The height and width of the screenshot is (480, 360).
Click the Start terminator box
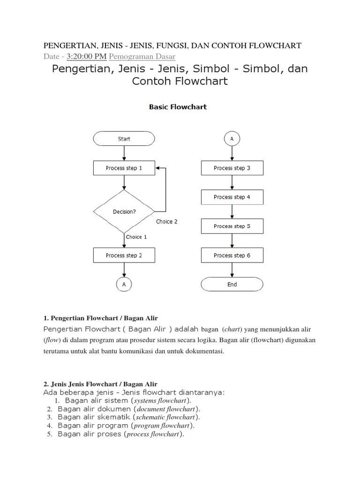point(124,139)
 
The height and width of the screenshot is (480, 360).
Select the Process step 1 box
point(124,168)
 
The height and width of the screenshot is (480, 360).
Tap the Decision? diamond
point(124,211)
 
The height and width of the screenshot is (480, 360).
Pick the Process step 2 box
point(124,255)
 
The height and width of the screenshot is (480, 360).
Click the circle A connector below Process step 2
point(124,285)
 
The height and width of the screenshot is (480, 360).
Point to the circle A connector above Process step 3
point(232,139)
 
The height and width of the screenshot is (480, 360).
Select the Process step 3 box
point(232,168)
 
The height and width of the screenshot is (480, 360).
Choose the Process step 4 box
point(232,197)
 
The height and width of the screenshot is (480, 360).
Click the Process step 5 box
point(232,226)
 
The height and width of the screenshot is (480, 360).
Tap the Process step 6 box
point(232,255)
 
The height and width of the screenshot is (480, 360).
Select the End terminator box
point(232,284)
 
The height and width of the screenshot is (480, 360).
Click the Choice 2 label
point(167,222)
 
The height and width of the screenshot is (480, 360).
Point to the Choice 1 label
point(136,237)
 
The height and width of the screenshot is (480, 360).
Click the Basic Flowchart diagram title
point(178,107)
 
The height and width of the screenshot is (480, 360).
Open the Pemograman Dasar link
point(142,57)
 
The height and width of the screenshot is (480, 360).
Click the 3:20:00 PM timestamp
point(87,57)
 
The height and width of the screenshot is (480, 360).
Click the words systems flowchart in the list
point(161,401)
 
